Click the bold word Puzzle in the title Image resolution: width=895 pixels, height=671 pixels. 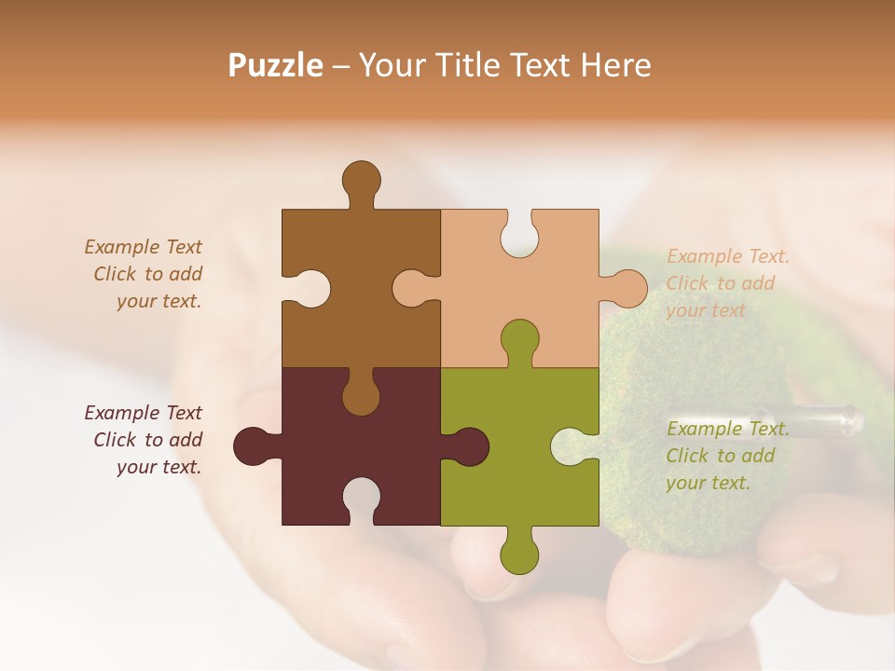coord(276,65)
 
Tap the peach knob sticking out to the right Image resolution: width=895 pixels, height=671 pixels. coord(626,288)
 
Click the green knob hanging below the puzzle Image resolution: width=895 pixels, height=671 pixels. coord(519,554)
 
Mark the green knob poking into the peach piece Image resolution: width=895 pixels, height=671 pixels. coord(519,339)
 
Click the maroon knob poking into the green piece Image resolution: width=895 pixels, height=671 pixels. coord(468,445)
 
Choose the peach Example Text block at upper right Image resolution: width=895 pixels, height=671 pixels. coord(727,283)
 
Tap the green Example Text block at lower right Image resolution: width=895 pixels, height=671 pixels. coord(727,456)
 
